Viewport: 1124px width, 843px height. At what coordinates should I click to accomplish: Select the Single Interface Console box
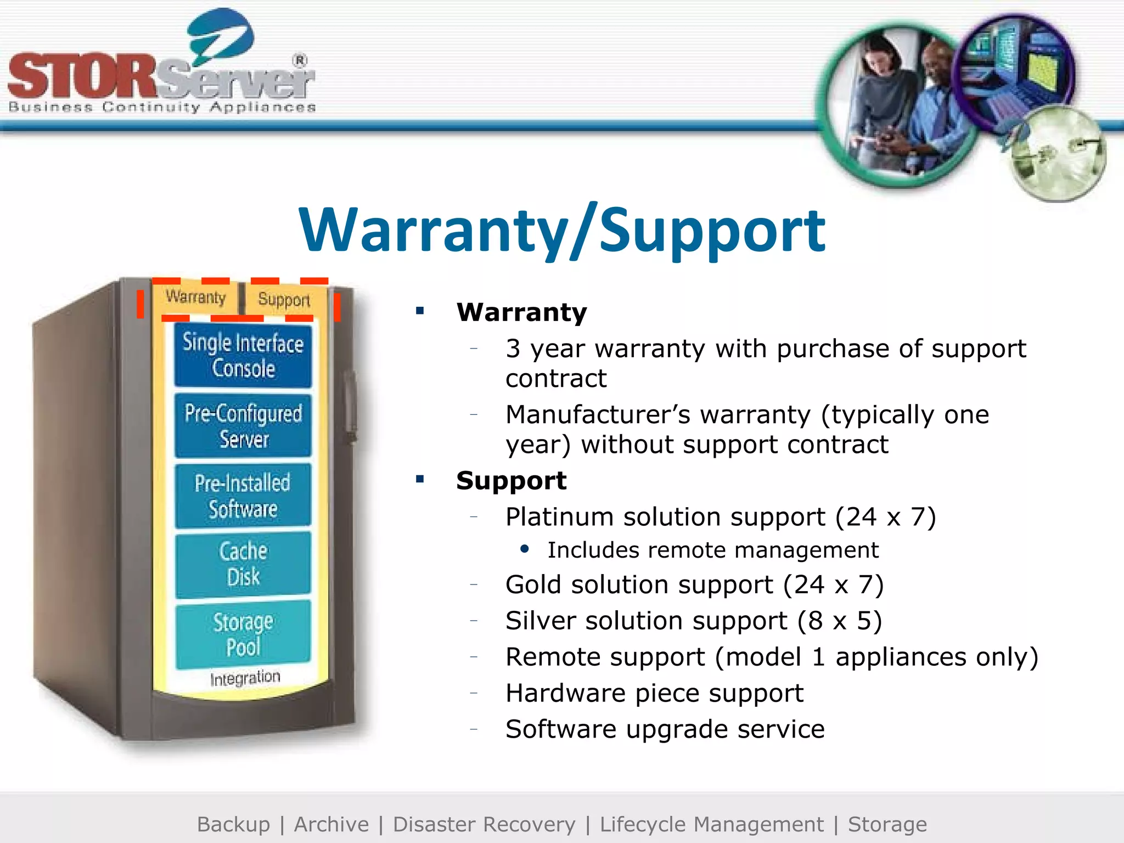pyautogui.click(x=243, y=356)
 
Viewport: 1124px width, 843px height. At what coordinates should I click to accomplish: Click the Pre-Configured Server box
pyautogui.click(x=243, y=426)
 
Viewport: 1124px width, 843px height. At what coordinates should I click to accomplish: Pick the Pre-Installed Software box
pyautogui.click(x=243, y=496)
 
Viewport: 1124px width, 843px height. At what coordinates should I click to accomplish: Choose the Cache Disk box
pyautogui.click(x=243, y=564)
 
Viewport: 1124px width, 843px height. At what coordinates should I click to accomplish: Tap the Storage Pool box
pyautogui.click(x=243, y=634)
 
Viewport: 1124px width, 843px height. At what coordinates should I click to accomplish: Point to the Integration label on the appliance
pyautogui.click(x=245, y=678)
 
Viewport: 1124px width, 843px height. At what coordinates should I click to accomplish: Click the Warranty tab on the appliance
pyautogui.click(x=196, y=297)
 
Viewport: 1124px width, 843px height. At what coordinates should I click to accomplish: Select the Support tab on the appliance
pyautogui.click(x=284, y=300)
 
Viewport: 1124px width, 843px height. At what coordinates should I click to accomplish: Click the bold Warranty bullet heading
pyautogui.click(x=521, y=312)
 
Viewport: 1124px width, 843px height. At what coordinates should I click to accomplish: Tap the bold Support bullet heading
pyautogui.click(x=511, y=481)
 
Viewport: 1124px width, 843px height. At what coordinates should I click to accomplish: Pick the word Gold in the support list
pyautogui.click(x=533, y=585)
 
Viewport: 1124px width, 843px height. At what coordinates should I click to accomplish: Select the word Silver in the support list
pyautogui.click(x=540, y=621)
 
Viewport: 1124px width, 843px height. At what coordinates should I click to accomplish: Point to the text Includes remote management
pyautogui.click(x=713, y=550)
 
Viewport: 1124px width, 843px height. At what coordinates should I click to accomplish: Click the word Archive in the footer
pyautogui.click(x=331, y=824)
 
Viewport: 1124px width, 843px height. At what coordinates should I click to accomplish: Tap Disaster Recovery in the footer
pyautogui.click(x=484, y=824)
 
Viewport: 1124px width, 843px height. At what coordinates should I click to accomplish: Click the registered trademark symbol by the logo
pyautogui.click(x=300, y=60)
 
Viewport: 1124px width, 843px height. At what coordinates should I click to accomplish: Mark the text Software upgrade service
pyautogui.click(x=665, y=729)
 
